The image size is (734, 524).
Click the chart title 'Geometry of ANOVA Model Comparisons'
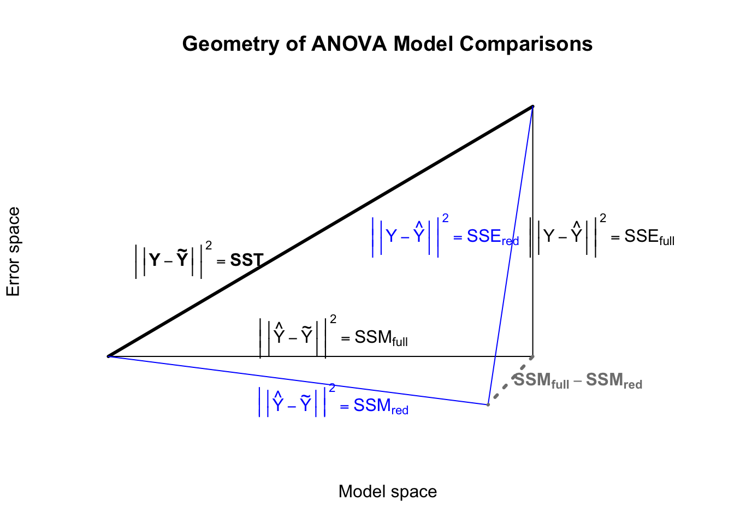point(387,44)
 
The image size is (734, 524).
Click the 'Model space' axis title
point(387,491)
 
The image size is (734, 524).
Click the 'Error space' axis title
point(13,252)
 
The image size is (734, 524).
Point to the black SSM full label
point(334,336)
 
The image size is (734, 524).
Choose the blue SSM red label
point(333,404)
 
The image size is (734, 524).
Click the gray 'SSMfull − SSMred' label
point(578,380)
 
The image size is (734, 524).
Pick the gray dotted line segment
point(510,380)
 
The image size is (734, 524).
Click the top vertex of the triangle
point(532,106)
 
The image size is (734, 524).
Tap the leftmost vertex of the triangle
point(109,356)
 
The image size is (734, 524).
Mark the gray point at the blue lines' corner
point(488,404)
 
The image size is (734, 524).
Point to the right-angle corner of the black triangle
point(532,356)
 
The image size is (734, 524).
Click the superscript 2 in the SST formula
point(209,246)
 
